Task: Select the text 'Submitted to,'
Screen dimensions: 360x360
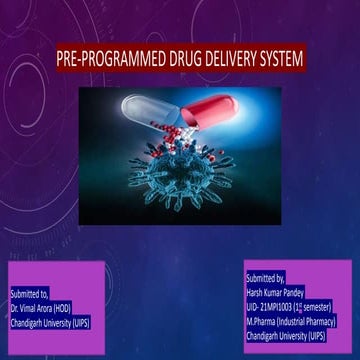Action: [x=30, y=297]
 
